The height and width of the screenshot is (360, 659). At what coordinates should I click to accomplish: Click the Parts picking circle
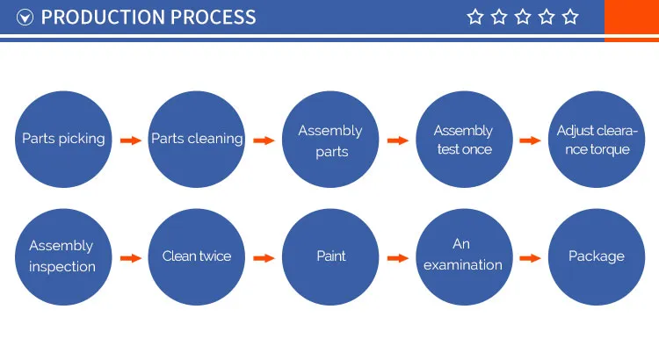click(63, 140)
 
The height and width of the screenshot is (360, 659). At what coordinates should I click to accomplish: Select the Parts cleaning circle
click(197, 140)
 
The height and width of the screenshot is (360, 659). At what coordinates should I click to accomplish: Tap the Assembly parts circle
click(329, 140)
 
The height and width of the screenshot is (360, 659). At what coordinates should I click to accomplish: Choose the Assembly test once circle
click(463, 140)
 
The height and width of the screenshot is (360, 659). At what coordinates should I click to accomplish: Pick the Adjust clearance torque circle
click(596, 140)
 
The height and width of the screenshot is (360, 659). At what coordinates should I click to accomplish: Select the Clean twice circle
click(197, 256)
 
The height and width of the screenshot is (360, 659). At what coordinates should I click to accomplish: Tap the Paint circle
click(329, 256)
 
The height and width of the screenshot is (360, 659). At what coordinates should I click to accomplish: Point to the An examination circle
click(463, 256)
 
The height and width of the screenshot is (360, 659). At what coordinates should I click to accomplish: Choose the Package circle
click(596, 256)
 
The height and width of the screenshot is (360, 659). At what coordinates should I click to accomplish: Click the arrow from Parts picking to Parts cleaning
click(130, 140)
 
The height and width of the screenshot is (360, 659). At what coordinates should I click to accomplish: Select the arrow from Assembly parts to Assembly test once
click(397, 140)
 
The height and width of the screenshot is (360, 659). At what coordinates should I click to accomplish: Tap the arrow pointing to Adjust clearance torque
click(530, 140)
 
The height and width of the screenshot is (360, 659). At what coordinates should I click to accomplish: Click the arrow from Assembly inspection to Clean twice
click(130, 258)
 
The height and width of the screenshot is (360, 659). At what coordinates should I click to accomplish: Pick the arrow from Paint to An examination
click(397, 258)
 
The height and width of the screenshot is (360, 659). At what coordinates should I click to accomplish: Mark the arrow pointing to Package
click(530, 258)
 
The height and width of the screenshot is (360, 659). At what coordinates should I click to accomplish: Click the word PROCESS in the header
click(211, 17)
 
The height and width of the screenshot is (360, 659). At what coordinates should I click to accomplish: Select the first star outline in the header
click(475, 17)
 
